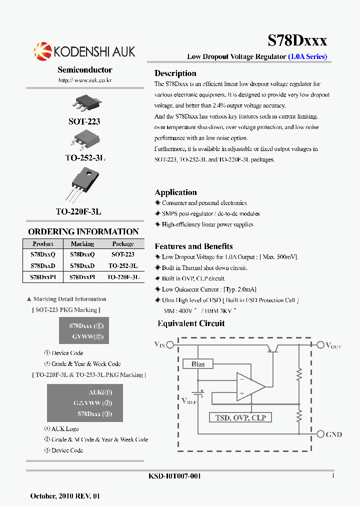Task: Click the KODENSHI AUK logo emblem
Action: click(42, 50)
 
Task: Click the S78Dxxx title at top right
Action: click(297, 40)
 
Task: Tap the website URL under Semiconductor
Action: click(84, 80)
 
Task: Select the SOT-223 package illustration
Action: click(84, 103)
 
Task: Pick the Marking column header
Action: click(82, 244)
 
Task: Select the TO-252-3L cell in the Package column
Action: click(123, 266)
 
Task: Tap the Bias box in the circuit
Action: click(198, 364)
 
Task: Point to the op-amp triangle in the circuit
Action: click(249, 386)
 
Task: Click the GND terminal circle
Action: click(320, 434)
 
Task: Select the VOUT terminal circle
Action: click(320, 344)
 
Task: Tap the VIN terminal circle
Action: click(170, 344)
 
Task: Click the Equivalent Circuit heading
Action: click(191, 323)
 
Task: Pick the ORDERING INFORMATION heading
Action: click(83, 231)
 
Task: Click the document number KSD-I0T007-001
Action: click(175, 476)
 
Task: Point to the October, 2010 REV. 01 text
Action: click(65, 496)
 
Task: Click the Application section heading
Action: click(175, 192)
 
